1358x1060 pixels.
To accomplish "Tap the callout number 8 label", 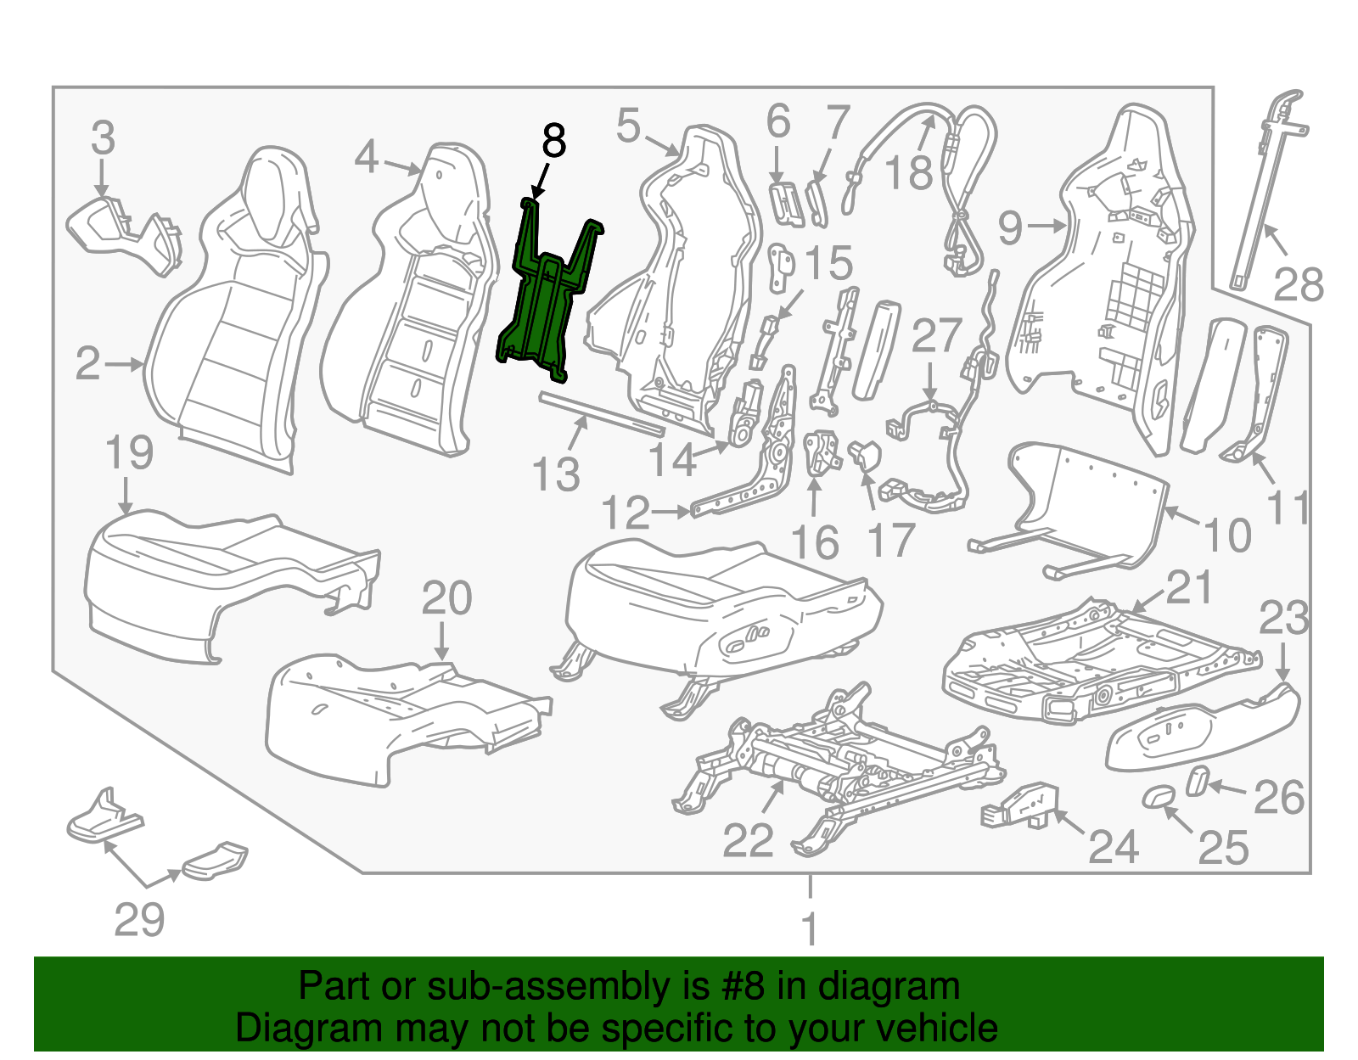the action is [x=553, y=140].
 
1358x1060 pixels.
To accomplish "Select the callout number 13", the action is [x=556, y=474].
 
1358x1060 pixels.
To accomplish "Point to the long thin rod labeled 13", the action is [x=602, y=412].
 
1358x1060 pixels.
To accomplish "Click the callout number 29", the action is [x=139, y=919].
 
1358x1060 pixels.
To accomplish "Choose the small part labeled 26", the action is [x=1196, y=781].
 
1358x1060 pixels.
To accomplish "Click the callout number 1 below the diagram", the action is [x=810, y=928].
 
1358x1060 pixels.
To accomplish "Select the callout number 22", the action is [x=748, y=840].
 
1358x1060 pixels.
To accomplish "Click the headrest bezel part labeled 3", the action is [x=124, y=233].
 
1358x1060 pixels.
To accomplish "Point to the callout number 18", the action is [x=909, y=171].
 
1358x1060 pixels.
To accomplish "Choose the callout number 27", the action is [x=935, y=335].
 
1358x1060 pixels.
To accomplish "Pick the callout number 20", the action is [x=446, y=597].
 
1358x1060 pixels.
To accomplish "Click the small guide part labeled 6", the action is [x=786, y=202].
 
